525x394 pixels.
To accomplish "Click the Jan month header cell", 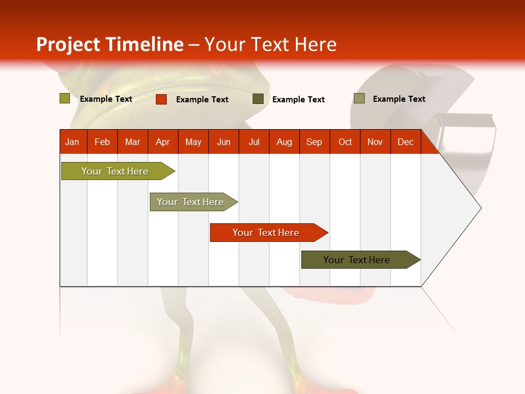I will point(73,142).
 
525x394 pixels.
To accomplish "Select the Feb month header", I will point(102,142).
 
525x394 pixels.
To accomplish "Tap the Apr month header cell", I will point(163,142).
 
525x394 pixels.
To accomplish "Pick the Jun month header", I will point(224,142).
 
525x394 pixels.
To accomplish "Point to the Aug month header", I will point(284,142).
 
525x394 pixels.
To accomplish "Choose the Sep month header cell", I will point(314,142).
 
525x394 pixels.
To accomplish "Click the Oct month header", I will point(345,142).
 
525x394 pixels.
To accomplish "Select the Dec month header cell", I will point(406,142).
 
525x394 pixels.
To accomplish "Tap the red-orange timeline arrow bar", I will point(266,233).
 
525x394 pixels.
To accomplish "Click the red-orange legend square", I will point(161,99).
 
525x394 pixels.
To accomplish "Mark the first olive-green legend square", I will point(65,99).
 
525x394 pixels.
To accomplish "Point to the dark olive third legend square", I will point(258,99).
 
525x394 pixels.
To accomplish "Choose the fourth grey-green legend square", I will point(359,99).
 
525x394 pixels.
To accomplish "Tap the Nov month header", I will point(375,142).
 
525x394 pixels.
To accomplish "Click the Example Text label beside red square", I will point(202,100).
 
